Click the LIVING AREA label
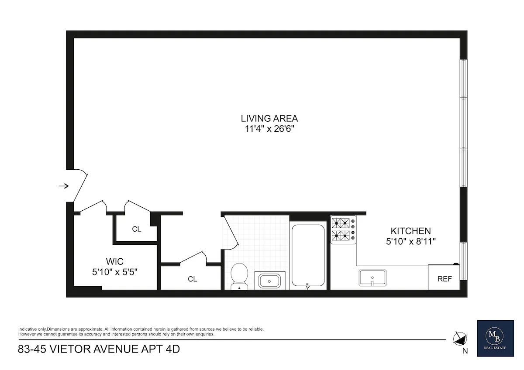click(269, 118)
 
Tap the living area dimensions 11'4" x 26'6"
click(269, 129)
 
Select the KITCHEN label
click(410, 231)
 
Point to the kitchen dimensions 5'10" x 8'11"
click(410, 240)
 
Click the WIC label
click(115, 262)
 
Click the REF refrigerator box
click(444, 279)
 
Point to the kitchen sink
click(372, 278)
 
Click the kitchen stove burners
click(343, 230)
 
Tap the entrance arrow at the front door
click(64, 186)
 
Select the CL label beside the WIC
click(137, 229)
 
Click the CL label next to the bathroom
click(192, 279)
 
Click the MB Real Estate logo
click(495, 337)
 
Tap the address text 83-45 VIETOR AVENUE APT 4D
click(99, 349)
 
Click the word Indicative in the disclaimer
click(27, 329)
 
